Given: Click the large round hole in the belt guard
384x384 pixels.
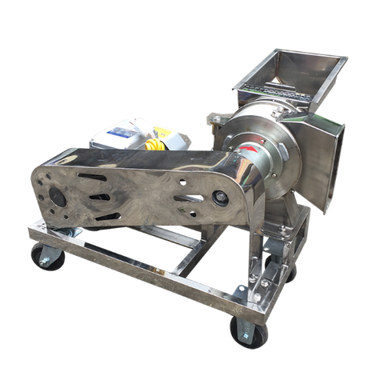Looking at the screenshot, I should click(x=58, y=196).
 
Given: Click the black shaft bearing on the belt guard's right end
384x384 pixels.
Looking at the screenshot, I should click(x=217, y=194).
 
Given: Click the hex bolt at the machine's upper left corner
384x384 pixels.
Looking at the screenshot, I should click(x=210, y=121).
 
